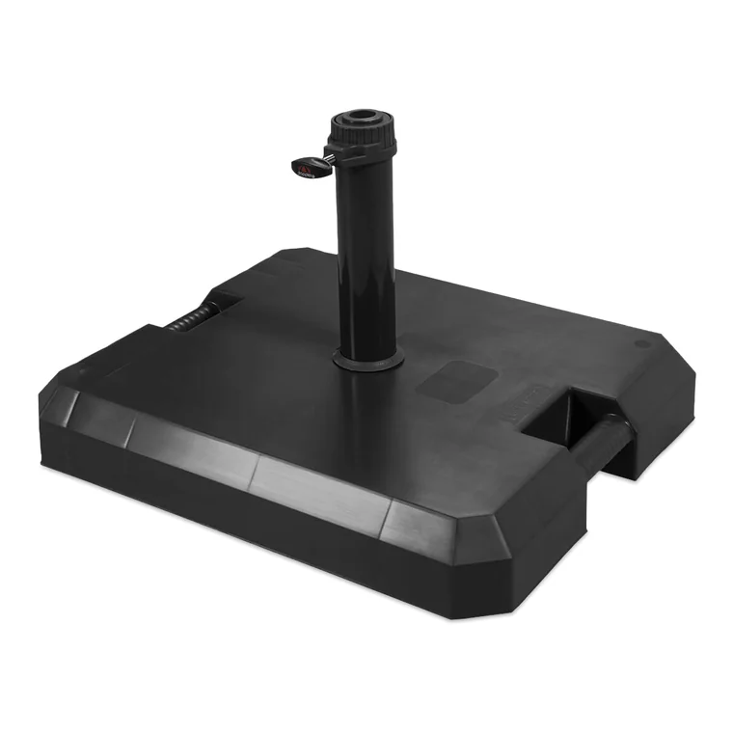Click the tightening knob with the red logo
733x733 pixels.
304,164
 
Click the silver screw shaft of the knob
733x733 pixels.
326,157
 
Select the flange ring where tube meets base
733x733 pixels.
368,360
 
